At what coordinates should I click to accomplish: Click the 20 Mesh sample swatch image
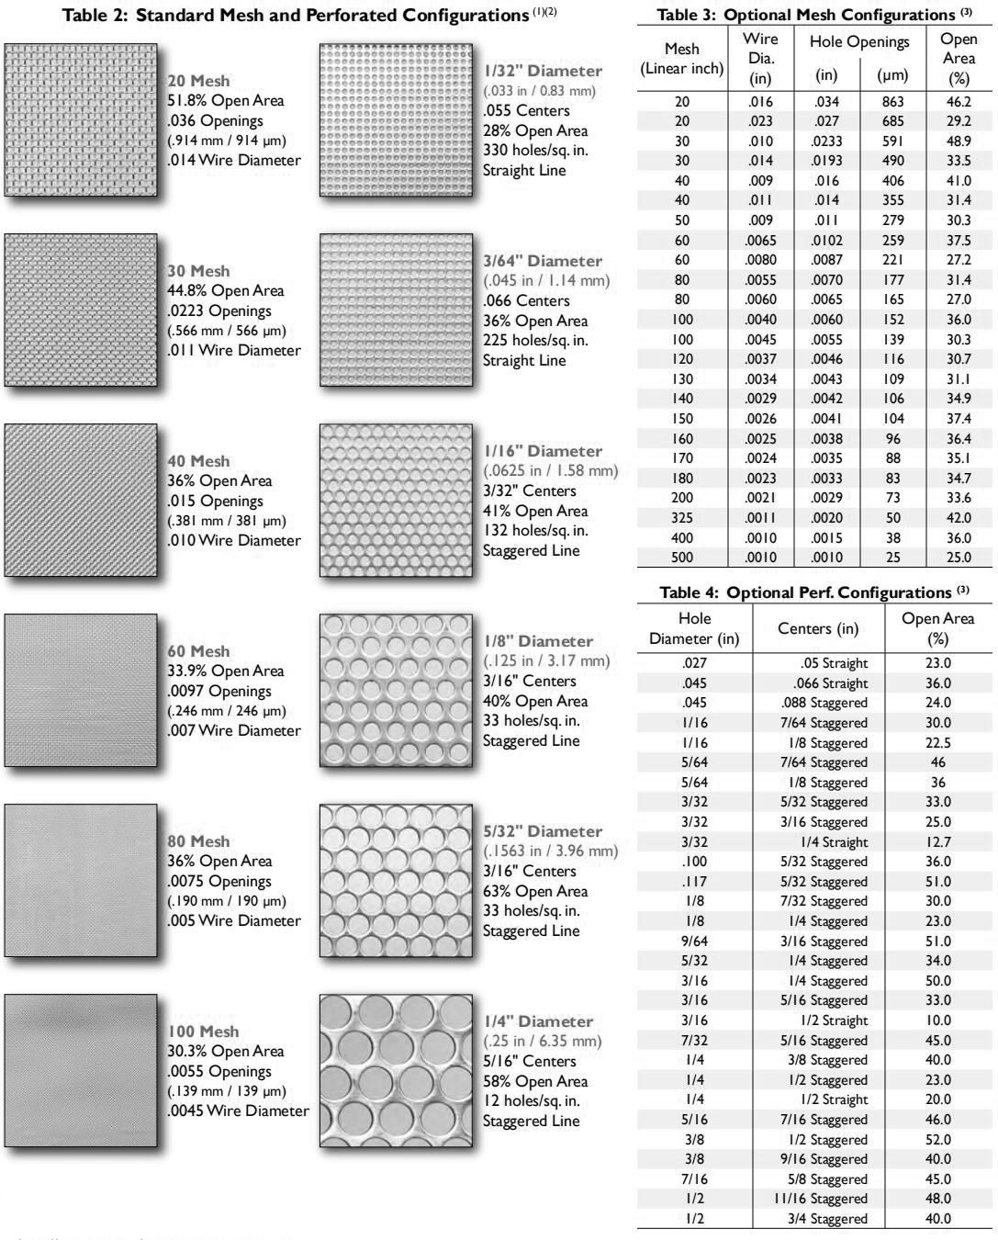(80, 118)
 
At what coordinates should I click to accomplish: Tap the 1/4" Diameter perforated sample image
(396, 1071)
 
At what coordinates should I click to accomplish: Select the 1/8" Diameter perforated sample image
(396, 690)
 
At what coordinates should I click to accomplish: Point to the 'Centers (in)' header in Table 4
(817, 629)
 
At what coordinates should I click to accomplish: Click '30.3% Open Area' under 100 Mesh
(226, 1051)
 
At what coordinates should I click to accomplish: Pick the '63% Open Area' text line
(536, 891)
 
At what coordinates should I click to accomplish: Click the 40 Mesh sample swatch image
(80, 499)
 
